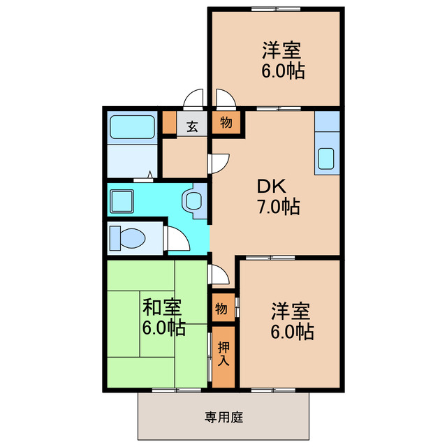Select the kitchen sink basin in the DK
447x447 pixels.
(326, 159)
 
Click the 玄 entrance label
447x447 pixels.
(191, 126)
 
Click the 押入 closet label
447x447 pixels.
(223, 354)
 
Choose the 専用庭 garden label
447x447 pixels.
(223, 418)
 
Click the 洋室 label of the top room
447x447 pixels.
(282, 51)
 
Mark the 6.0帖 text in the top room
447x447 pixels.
(283, 71)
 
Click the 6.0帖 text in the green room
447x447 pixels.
(164, 328)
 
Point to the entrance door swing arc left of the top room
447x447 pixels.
(194, 98)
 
